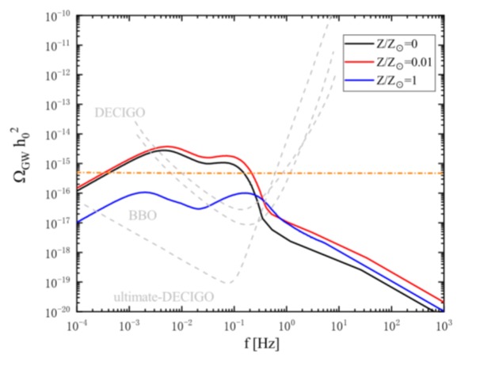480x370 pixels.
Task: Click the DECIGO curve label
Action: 118,112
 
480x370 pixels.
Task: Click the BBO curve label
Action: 143,214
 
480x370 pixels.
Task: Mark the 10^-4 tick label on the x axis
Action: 77,325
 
